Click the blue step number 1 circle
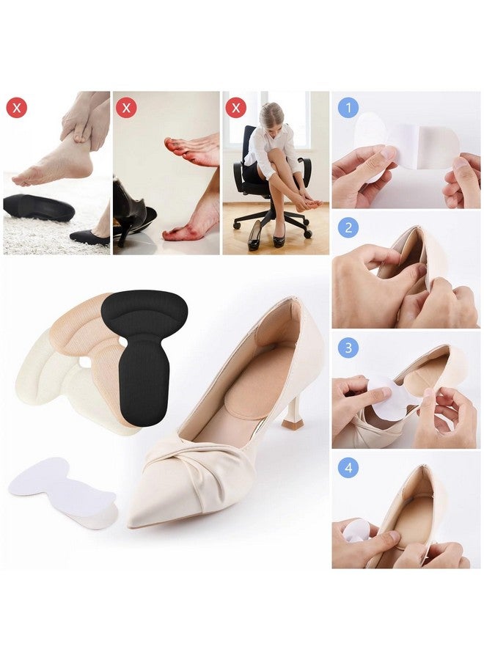pos(348,109)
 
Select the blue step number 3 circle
pos(348,347)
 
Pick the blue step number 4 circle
pos(348,467)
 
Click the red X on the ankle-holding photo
pos(17,109)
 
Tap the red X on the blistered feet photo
pos(127,109)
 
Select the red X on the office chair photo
pos(236,109)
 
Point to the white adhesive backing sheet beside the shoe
pos(63,491)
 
